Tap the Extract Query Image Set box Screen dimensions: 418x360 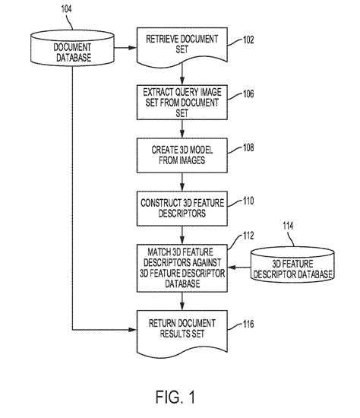point(182,102)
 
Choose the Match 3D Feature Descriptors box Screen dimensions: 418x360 point(182,268)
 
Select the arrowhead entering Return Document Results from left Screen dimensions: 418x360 point(134,330)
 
